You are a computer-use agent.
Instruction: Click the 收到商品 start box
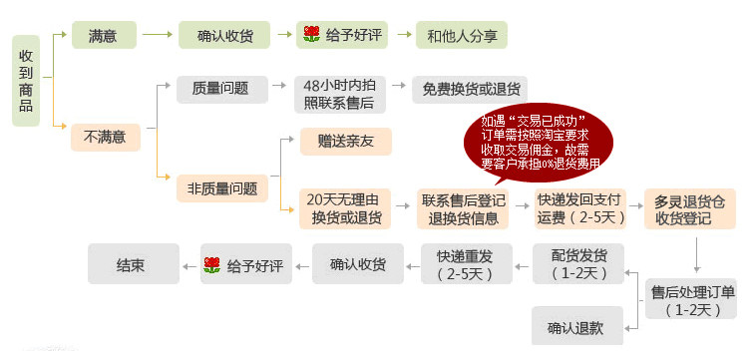[x=26, y=81]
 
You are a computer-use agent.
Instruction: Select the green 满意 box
[x=104, y=35]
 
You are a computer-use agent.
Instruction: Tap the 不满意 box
[x=106, y=138]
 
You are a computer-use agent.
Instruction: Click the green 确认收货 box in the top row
[x=224, y=35]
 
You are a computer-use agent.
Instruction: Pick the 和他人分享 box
[x=462, y=35]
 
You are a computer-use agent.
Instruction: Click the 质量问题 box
[x=222, y=89]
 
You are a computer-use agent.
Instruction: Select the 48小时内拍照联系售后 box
[x=340, y=95]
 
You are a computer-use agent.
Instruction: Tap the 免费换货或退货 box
[x=470, y=89]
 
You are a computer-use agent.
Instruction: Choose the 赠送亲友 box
[x=346, y=142]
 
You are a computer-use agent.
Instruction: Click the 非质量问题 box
[x=222, y=188]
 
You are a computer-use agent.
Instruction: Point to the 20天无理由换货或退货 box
[x=345, y=208]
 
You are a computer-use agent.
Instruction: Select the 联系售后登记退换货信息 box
[x=463, y=208]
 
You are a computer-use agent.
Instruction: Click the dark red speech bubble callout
[x=539, y=142]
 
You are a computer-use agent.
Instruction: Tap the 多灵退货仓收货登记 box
[x=690, y=208]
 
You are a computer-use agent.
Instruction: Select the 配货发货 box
[x=578, y=263]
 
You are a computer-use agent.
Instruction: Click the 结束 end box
[x=134, y=263]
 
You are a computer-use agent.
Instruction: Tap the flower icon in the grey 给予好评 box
[x=211, y=265]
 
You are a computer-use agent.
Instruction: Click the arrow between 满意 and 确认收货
[x=157, y=34]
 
